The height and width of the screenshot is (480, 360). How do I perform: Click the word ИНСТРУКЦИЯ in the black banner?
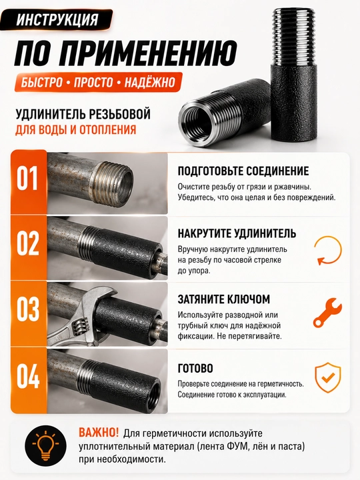pos(57,20)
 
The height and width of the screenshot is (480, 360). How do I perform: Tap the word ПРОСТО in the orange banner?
pos(93,83)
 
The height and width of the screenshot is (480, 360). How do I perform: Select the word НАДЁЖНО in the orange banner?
pos(150,83)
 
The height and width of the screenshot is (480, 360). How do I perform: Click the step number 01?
pos(27,178)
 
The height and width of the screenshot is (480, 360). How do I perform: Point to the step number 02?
pos(27,243)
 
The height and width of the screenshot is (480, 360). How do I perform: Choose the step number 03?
pos(27,309)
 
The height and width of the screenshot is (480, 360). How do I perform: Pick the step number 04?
pos(28,376)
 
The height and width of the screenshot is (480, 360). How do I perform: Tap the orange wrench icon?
pos(327,312)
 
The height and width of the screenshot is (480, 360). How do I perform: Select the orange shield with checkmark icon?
pos(327,377)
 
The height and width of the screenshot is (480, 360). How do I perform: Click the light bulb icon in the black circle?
pos(45,446)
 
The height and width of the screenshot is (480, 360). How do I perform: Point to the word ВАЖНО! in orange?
pos(98,433)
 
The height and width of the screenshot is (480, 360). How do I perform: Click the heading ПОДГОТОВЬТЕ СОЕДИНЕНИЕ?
pos(243,171)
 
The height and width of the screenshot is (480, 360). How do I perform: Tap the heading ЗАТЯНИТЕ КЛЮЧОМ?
pos(224,299)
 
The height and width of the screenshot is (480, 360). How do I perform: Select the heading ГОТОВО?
pos(195,368)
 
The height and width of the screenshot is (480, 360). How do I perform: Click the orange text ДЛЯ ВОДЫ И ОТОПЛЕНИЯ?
pos(75,129)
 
